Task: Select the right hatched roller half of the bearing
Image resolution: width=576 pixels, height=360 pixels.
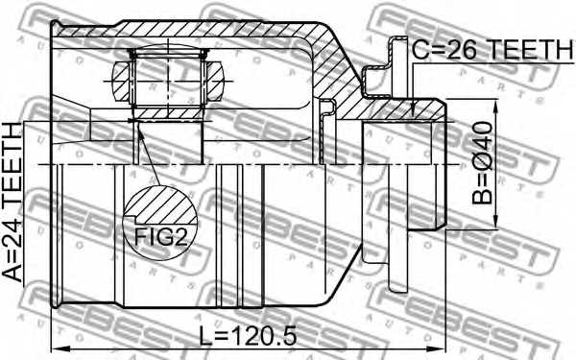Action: [x=215, y=77]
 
